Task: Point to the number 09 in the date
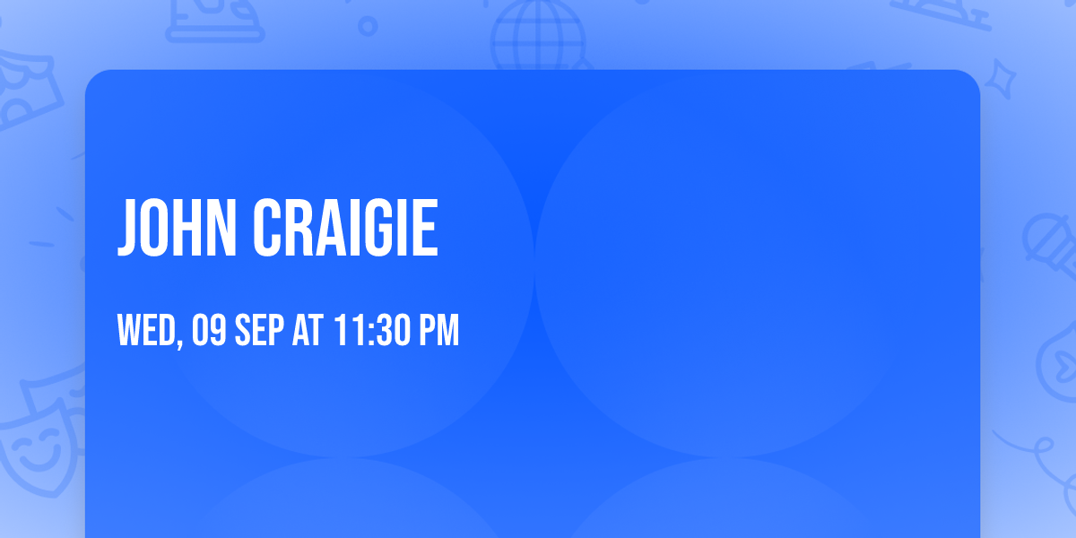(208, 332)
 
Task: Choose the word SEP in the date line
(260, 332)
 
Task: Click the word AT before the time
(308, 332)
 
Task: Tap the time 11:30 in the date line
(370, 332)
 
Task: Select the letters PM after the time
(439, 332)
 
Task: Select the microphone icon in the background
(1049, 238)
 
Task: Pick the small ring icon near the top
(368, 26)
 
